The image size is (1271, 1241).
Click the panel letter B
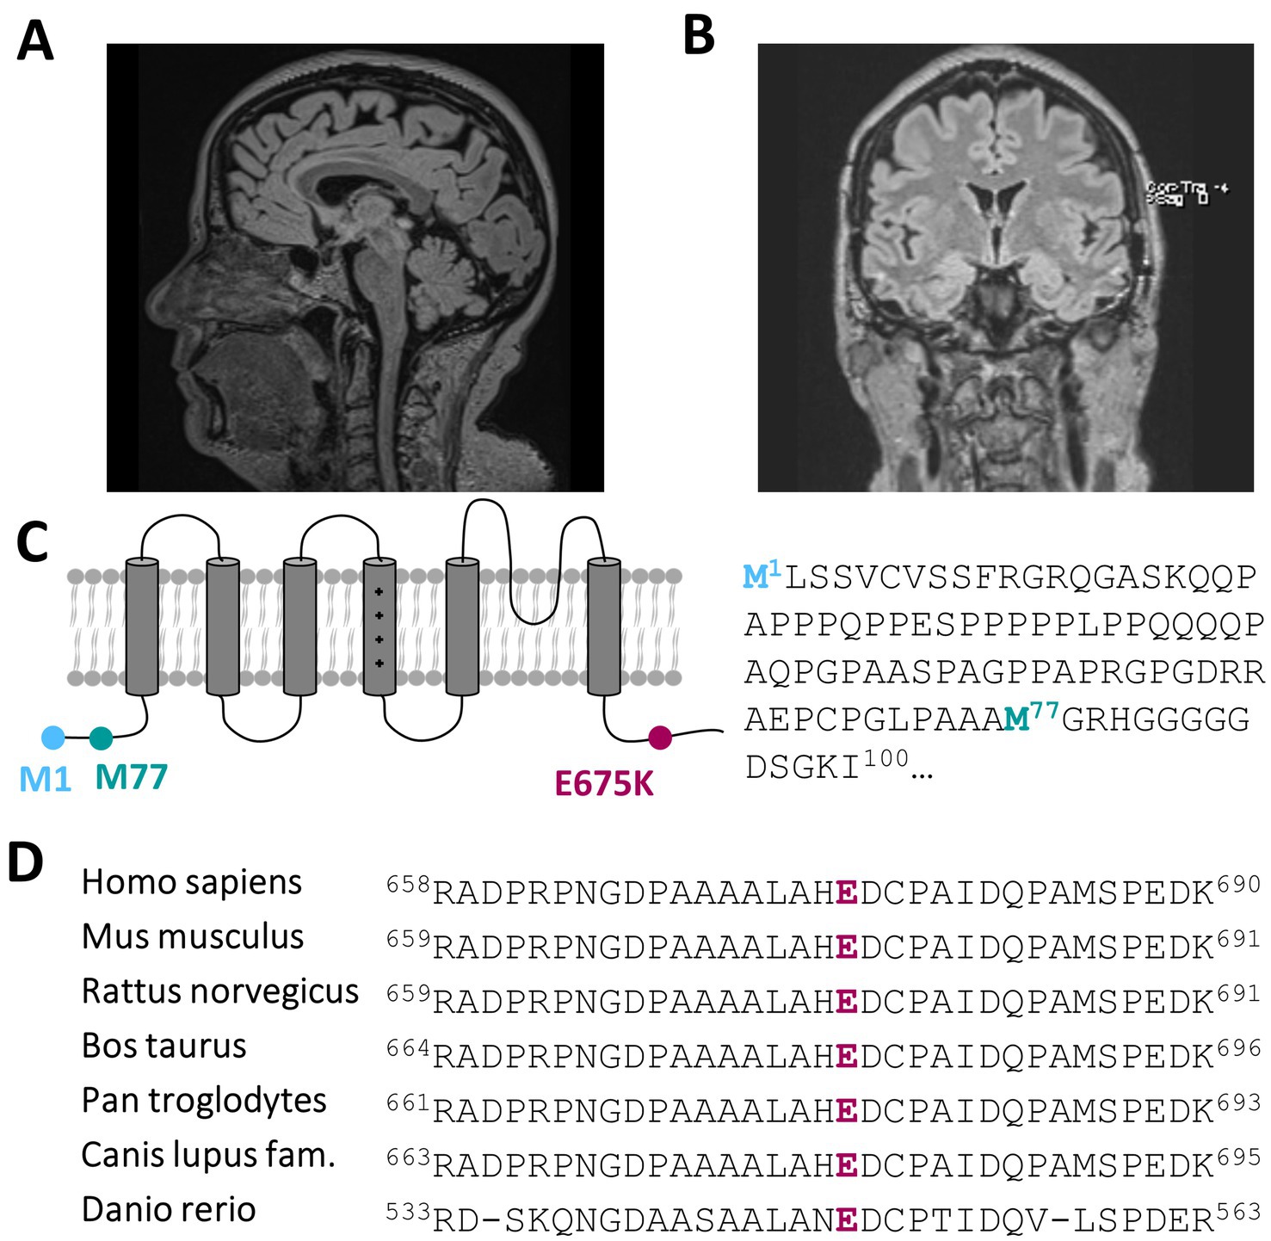pos(699,36)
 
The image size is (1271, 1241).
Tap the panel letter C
pos(33,543)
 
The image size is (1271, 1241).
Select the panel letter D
pos(25,861)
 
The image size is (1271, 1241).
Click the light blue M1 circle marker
pos(53,738)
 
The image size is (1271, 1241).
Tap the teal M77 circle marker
pos(102,738)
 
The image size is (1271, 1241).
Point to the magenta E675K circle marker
pos(660,738)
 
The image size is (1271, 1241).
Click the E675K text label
pos(604,784)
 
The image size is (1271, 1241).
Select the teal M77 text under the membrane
pos(131,777)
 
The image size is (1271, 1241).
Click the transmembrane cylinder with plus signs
pos(379,626)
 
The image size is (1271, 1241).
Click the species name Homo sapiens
pos(191,882)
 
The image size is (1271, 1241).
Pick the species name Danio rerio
pos(169,1209)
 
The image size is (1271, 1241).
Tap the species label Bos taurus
pos(164,1046)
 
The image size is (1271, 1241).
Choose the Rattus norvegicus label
pos(219,991)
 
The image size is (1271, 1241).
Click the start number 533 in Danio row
pos(408,1212)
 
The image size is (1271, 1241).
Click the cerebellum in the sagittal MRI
pos(445,275)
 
